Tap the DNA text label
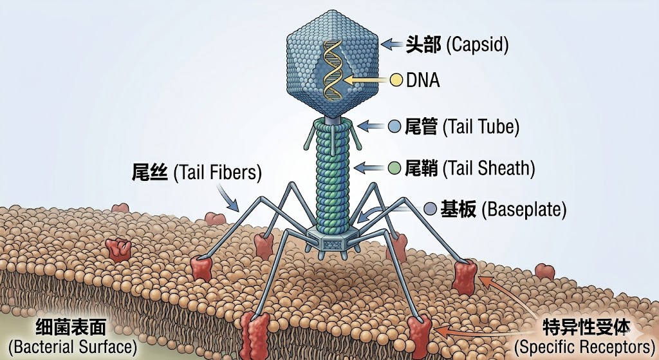pyautogui.click(x=423, y=81)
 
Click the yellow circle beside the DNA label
pyautogui.click(x=397, y=81)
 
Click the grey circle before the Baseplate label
pyautogui.click(x=429, y=209)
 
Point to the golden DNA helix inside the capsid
pyautogui.click(x=332, y=71)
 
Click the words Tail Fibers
pyautogui.click(x=218, y=173)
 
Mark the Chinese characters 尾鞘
pyautogui.click(x=422, y=169)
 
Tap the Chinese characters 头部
pyautogui.click(x=423, y=44)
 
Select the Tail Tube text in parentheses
pyautogui.click(x=481, y=127)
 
